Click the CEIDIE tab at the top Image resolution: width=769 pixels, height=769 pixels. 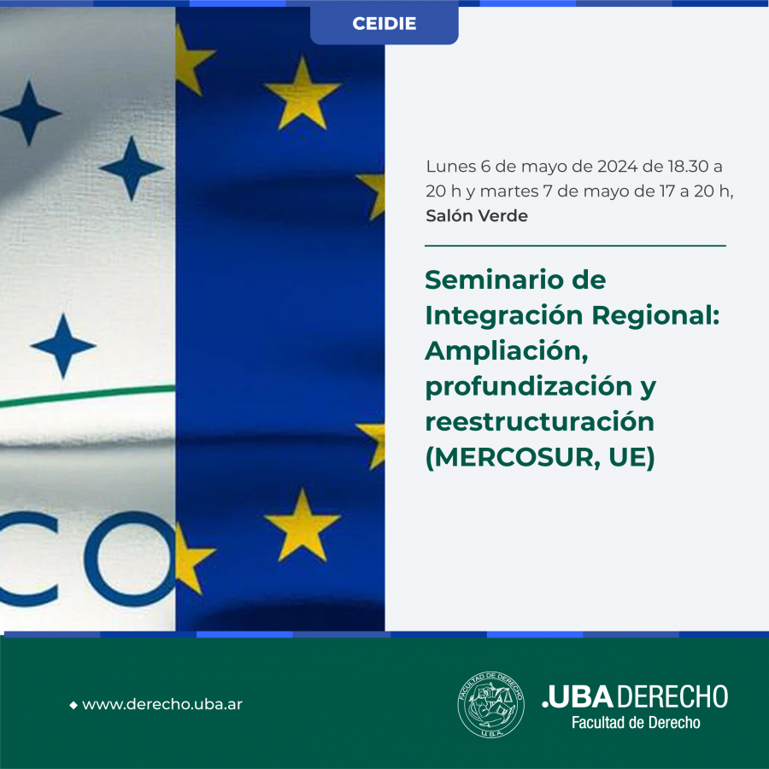click(x=384, y=24)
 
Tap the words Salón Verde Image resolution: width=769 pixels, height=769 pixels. click(x=477, y=216)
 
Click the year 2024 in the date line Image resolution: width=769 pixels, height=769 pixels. click(x=618, y=167)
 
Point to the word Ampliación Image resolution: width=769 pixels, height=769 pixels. click(x=507, y=352)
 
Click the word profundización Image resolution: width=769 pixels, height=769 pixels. click(x=529, y=387)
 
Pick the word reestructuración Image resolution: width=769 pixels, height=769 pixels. click(x=539, y=422)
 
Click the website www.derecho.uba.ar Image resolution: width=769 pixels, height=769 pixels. click(x=162, y=704)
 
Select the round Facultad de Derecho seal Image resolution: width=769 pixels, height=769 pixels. click(x=490, y=704)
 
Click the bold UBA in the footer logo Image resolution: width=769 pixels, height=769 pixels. click(x=580, y=697)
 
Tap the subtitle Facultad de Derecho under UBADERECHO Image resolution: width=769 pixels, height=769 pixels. click(x=636, y=722)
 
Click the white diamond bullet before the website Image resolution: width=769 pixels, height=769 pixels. click(x=73, y=705)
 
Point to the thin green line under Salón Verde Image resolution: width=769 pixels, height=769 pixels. click(x=575, y=246)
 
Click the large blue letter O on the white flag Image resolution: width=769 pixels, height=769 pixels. click(x=131, y=559)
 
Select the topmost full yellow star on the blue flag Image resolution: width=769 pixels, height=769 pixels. click(x=302, y=93)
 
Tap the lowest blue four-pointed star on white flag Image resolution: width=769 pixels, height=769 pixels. click(x=62, y=346)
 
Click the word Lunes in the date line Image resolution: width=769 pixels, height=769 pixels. click(x=450, y=167)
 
